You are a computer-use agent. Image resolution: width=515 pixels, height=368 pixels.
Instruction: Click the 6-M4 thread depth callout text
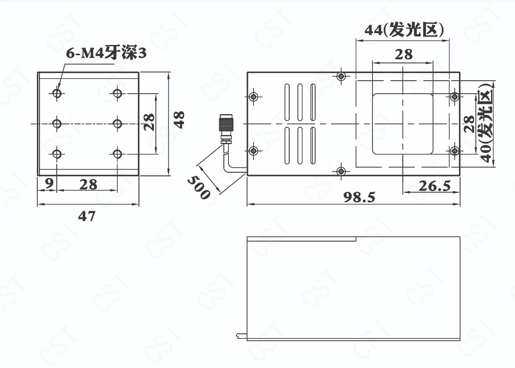pos(106,53)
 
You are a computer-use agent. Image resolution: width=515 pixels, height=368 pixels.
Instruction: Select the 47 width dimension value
pos(87,216)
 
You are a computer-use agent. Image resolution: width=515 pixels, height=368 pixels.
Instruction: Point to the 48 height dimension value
pos(179,120)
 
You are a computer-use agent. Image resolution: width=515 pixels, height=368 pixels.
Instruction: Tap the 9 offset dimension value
pos(49,183)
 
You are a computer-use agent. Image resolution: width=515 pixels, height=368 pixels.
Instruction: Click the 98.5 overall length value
pos(359,197)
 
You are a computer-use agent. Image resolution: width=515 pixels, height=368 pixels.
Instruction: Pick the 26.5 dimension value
pos(434,186)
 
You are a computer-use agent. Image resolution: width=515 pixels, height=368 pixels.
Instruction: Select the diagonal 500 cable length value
pos(198,187)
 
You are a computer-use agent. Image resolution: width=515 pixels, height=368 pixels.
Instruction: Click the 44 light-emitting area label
pos(404,30)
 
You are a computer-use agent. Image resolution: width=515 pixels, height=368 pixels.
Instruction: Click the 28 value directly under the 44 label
pos(404,55)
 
